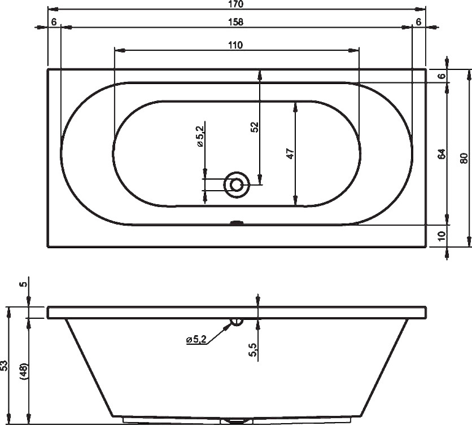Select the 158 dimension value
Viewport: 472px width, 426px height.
point(235,22)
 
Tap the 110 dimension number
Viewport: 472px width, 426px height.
point(235,45)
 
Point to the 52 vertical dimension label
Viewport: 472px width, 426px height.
point(255,128)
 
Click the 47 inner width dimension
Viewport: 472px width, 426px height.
point(290,153)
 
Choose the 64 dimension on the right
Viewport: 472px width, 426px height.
point(442,153)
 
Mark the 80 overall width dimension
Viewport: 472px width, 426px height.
point(464,158)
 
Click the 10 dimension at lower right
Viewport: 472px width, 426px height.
point(442,236)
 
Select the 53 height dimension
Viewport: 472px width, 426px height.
point(4,366)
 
